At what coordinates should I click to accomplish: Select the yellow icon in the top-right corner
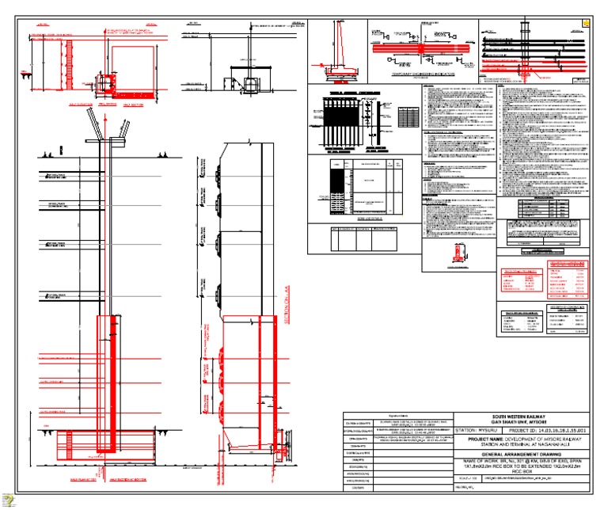[586, 23]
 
